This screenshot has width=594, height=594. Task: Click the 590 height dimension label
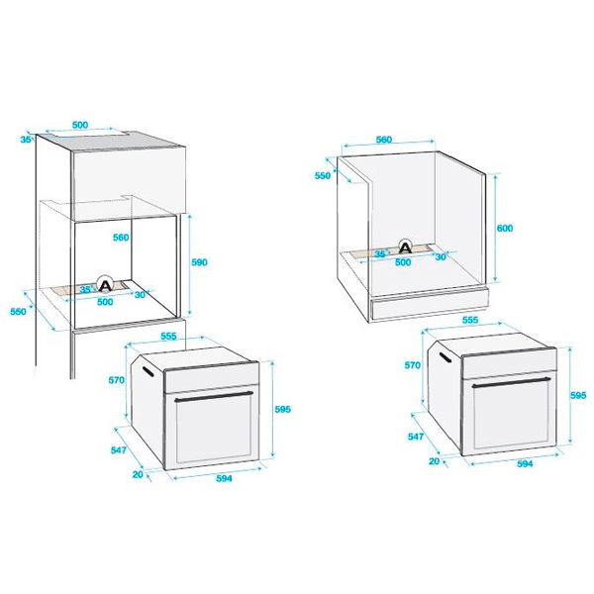click(x=199, y=262)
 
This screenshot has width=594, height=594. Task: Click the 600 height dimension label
click(x=505, y=228)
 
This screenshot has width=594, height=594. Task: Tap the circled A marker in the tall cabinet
click(x=105, y=284)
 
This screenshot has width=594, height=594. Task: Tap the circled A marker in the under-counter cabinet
click(x=406, y=247)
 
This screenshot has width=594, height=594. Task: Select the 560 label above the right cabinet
click(x=384, y=140)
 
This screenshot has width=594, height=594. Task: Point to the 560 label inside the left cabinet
click(x=121, y=238)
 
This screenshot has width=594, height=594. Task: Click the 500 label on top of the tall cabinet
click(x=80, y=125)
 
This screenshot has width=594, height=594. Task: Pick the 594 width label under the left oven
click(x=224, y=478)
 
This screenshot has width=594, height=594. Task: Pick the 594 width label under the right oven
click(x=525, y=463)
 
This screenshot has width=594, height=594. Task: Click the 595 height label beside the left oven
click(x=283, y=409)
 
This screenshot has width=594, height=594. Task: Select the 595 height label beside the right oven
click(x=578, y=395)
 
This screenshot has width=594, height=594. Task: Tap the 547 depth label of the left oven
click(x=119, y=449)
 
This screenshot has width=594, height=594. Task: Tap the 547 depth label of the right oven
click(x=416, y=437)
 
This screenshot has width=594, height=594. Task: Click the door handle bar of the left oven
click(x=214, y=396)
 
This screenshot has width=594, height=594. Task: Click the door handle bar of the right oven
click(x=512, y=382)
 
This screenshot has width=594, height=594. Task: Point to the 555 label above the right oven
click(x=470, y=320)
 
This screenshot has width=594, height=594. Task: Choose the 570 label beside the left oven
click(x=116, y=379)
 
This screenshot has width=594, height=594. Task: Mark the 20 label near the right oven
click(x=435, y=461)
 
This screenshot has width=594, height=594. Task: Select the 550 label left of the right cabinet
click(x=323, y=175)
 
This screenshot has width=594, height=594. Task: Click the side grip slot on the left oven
click(x=148, y=371)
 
